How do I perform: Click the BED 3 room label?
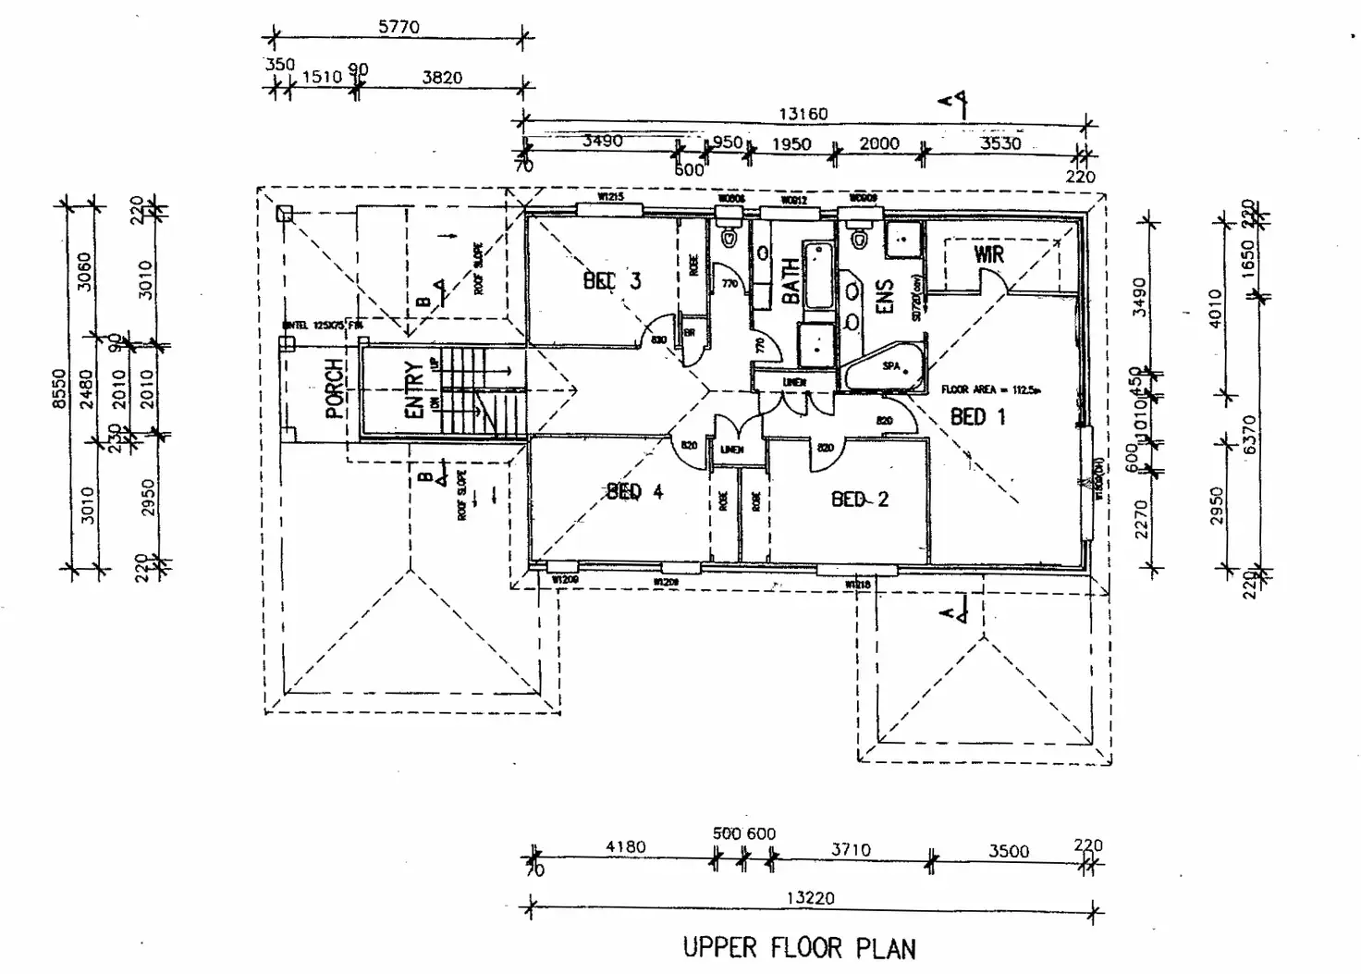coord(612,280)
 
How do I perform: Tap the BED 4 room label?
coord(634,491)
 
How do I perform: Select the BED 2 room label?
coord(860,499)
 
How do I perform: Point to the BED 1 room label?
coord(977,417)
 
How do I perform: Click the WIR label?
coord(988,253)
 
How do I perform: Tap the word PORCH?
coord(335,388)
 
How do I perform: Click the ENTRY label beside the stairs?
coord(415,388)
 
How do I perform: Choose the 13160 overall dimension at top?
coord(803,114)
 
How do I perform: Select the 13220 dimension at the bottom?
coord(810,897)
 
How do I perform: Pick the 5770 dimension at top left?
coord(398,27)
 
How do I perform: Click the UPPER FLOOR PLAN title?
coord(799,948)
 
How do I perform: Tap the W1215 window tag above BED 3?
coord(609,197)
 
